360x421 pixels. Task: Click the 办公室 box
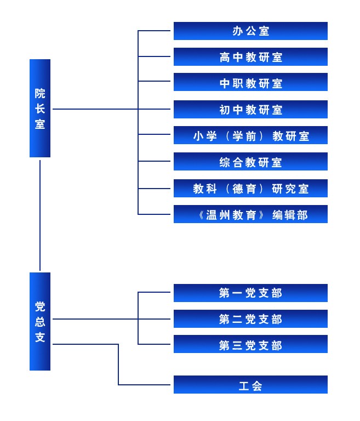(250, 31)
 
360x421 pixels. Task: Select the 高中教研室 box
(250, 57)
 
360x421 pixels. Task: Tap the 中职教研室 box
(250, 83)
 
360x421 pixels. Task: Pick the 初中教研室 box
(250, 110)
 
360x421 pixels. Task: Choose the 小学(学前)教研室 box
(250, 135)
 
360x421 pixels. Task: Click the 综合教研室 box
(250, 162)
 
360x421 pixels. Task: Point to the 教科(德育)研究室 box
(250, 189)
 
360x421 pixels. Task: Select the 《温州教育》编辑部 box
(250, 214)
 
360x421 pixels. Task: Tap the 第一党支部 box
(250, 293)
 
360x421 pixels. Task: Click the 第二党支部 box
(250, 319)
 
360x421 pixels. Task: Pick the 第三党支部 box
(250, 345)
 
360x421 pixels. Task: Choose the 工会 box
(250, 385)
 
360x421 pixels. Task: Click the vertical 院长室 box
(40, 108)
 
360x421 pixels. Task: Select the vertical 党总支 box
(40, 321)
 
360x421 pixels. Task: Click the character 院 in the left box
(40, 93)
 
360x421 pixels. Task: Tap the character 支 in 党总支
(40, 337)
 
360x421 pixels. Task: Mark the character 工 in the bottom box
(244, 386)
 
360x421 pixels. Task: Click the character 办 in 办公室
(238, 31)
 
